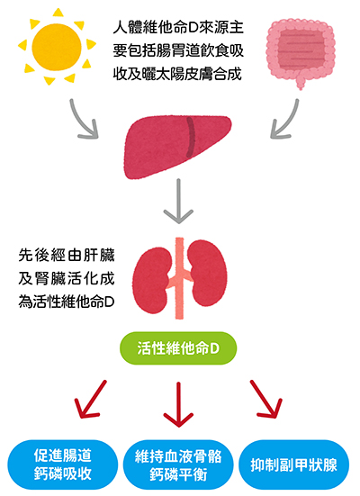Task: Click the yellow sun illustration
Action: pyautogui.click(x=57, y=47)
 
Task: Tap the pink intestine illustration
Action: pyautogui.click(x=300, y=50)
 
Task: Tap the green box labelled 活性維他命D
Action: pyautogui.click(x=178, y=348)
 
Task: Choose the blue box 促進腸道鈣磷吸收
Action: pyautogui.click(x=63, y=464)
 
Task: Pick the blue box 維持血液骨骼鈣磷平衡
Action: pyautogui.click(x=178, y=465)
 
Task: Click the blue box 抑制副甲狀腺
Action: pyautogui.click(x=294, y=465)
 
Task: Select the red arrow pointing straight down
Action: pyautogui.click(x=178, y=405)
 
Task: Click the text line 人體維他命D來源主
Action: pyautogui.click(x=178, y=27)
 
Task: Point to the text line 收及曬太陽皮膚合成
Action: pyautogui.click(x=177, y=74)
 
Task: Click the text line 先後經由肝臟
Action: pyautogui.click(x=67, y=255)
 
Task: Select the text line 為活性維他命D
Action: pyautogui.click(x=67, y=302)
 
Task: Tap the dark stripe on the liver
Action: pyautogui.click(x=191, y=138)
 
